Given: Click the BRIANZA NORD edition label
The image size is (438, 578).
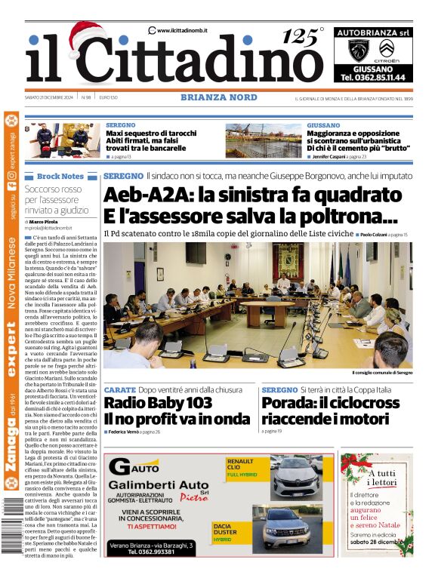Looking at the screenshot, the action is pyautogui.click(x=219, y=97).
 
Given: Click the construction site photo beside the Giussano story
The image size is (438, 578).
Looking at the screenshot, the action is pyautogui.click(x=264, y=141).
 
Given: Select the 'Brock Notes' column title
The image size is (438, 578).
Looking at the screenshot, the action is pyautogui.click(x=60, y=176).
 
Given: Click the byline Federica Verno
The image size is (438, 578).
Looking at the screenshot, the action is pyautogui.click(x=126, y=432).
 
